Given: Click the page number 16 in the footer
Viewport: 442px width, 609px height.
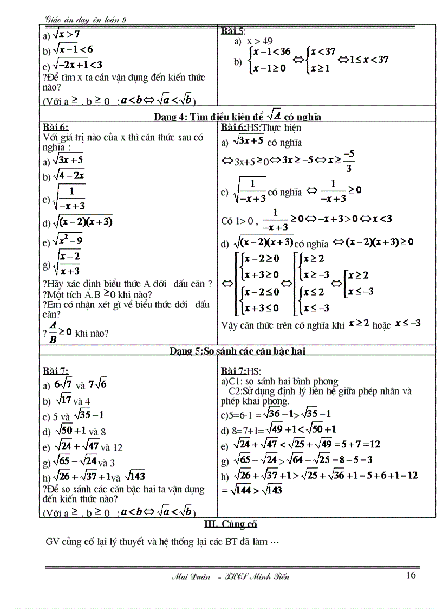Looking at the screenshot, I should coord(411,575).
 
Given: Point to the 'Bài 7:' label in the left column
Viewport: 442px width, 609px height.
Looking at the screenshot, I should coord(56,371).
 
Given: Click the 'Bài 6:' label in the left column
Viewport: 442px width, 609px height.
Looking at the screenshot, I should coord(56,127).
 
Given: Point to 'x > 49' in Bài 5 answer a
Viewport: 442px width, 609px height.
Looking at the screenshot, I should coord(260,41).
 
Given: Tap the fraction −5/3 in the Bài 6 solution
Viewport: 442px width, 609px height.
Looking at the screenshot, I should coord(349,161).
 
